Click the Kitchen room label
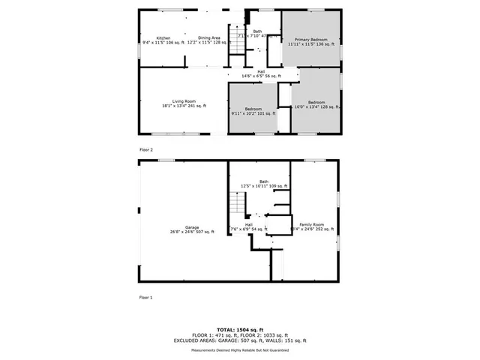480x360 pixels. click(x=163, y=38)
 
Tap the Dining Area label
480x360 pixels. click(x=209, y=38)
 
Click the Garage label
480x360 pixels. click(x=192, y=227)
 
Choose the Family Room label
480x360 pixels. click(x=312, y=224)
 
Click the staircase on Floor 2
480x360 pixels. click(x=237, y=44)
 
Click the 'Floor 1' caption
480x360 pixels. click(x=145, y=298)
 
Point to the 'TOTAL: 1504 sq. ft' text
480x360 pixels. click(x=240, y=329)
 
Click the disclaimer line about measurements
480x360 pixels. click(x=240, y=350)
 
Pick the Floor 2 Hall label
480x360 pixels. click(x=261, y=72)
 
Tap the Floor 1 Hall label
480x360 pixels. click(x=248, y=224)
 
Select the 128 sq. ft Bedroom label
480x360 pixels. click(x=316, y=103)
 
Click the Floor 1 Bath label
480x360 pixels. click(x=264, y=181)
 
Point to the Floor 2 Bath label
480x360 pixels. click(x=257, y=31)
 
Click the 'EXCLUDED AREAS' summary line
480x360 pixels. click(x=240, y=340)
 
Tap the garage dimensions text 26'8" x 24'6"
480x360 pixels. click(x=184, y=232)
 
